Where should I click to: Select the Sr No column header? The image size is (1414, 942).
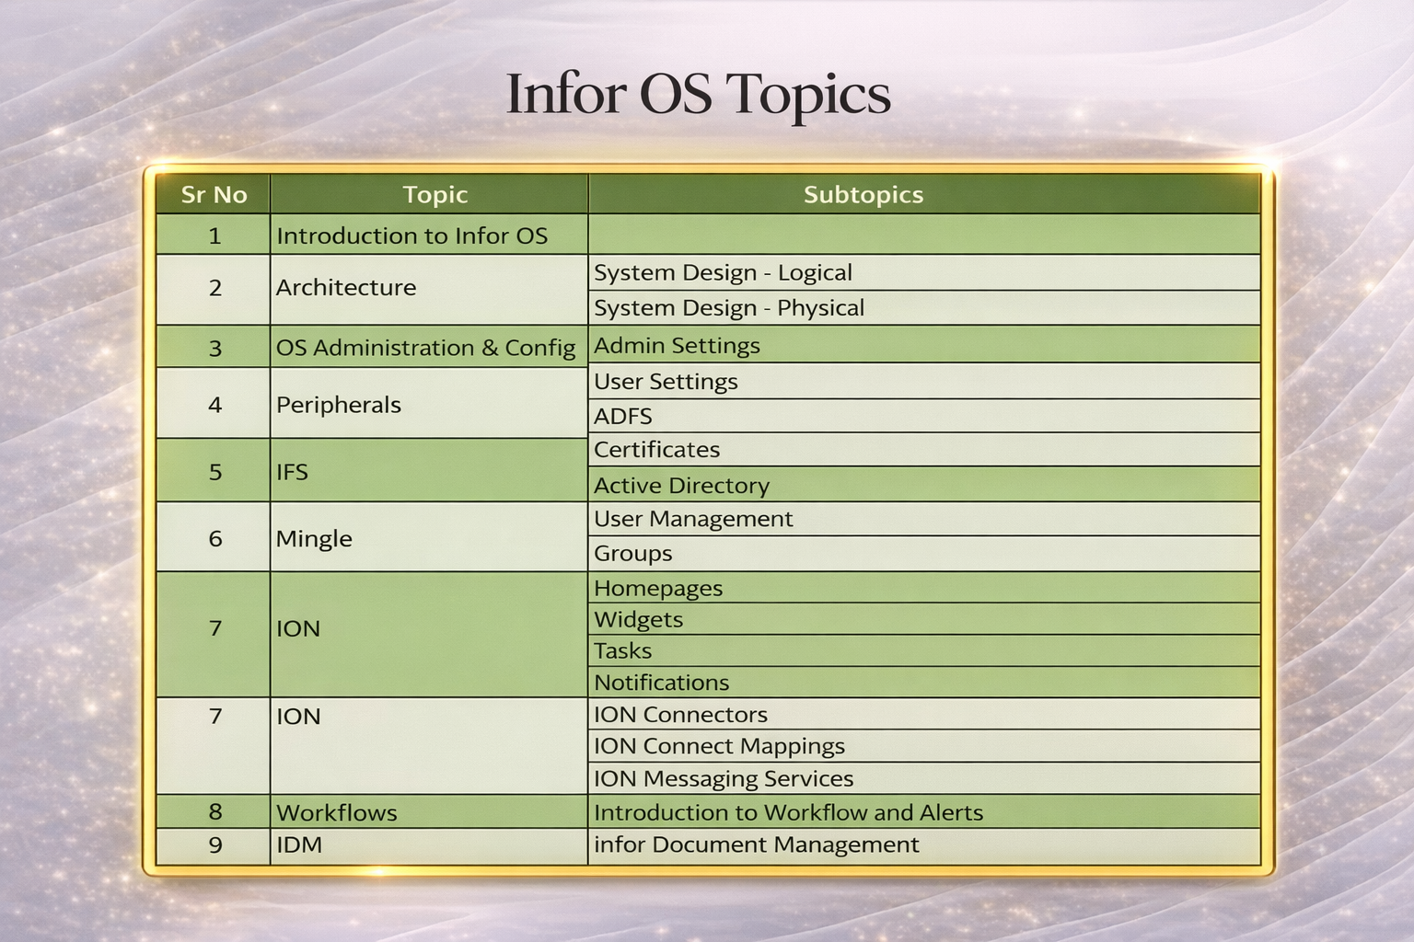[x=214, y=195]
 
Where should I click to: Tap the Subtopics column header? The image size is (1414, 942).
[x=863, y=195]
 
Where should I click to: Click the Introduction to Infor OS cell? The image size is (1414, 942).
[x=411, y=235]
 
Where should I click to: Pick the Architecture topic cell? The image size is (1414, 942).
[x=346, y=288]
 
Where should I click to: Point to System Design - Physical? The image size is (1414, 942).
[x=728, y=308]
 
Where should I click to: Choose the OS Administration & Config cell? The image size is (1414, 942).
[x=425, y=348]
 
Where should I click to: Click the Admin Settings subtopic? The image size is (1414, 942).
[x=677, y=346]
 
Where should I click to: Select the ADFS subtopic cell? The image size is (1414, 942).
[x=623, y=416]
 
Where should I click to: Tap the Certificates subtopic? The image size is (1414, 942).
[x=656, y=450]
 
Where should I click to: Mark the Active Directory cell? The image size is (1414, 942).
[x=681, y=485]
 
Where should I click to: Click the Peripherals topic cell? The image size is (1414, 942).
[x=339, y=405]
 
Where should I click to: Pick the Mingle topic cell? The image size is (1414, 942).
[x=314, y=538]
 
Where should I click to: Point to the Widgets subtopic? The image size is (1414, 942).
[x=638, y=619]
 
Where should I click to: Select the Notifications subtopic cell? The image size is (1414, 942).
[x=661, y=683]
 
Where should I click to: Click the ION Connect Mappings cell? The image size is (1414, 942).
[x=719, y=746]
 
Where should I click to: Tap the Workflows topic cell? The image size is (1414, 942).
[x=337, y=812]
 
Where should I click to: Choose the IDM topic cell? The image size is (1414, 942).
[x=299, y=844]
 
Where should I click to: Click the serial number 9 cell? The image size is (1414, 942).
[x=214, y=844]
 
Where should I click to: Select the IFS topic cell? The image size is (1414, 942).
[x=292, y=472]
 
